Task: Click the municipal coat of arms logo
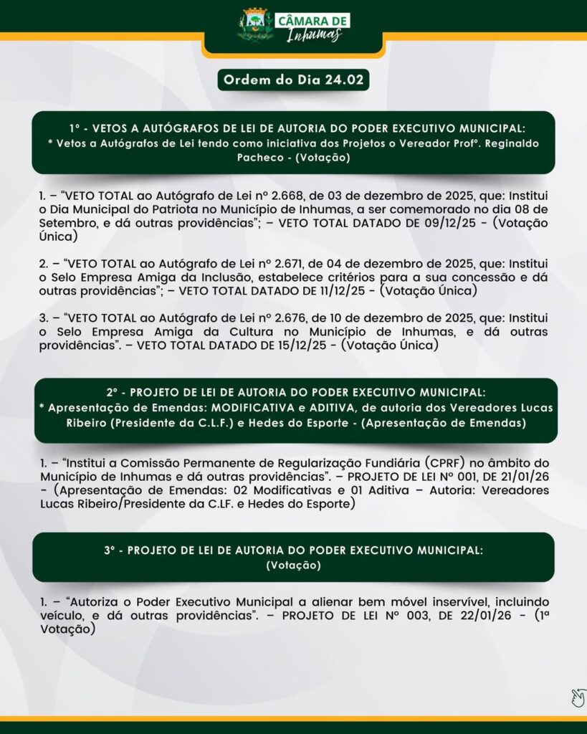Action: pyautogui.click(x=255, y=24)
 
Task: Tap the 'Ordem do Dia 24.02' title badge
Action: pyautogui.click(x=293, y=80)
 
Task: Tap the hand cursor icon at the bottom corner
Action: pyautogui.click(x=578, y=697)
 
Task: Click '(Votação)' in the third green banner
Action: pyautogui.click(x=293, y=566)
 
